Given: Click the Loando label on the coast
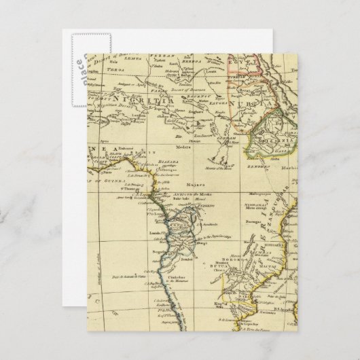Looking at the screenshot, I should [149, 230].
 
